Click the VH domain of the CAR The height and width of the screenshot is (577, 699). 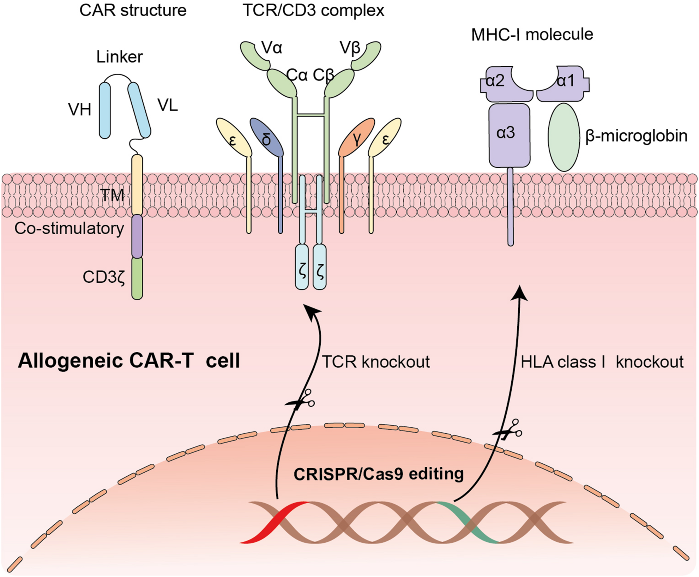pyautogui.click(x=105, y=110)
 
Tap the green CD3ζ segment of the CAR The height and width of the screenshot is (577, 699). pyautogui.click(x=137, y=278)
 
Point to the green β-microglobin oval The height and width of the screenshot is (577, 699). pyautogui.click(x=564, y=137)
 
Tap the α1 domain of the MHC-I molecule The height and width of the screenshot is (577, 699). pyautogui.click(x=563, y=84)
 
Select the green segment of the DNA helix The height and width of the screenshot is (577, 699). pyautogui.click(x=467, y=522)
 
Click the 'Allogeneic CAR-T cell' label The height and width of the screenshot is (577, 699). pyautogui.click(x=129, y=361)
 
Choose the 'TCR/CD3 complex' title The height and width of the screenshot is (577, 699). pyautogui.click(x=313, y=11)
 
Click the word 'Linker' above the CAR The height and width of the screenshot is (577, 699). pyautogui.click(x=120, y=57)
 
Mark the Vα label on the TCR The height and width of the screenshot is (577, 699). pyautogui.click(x=272, y=48)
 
